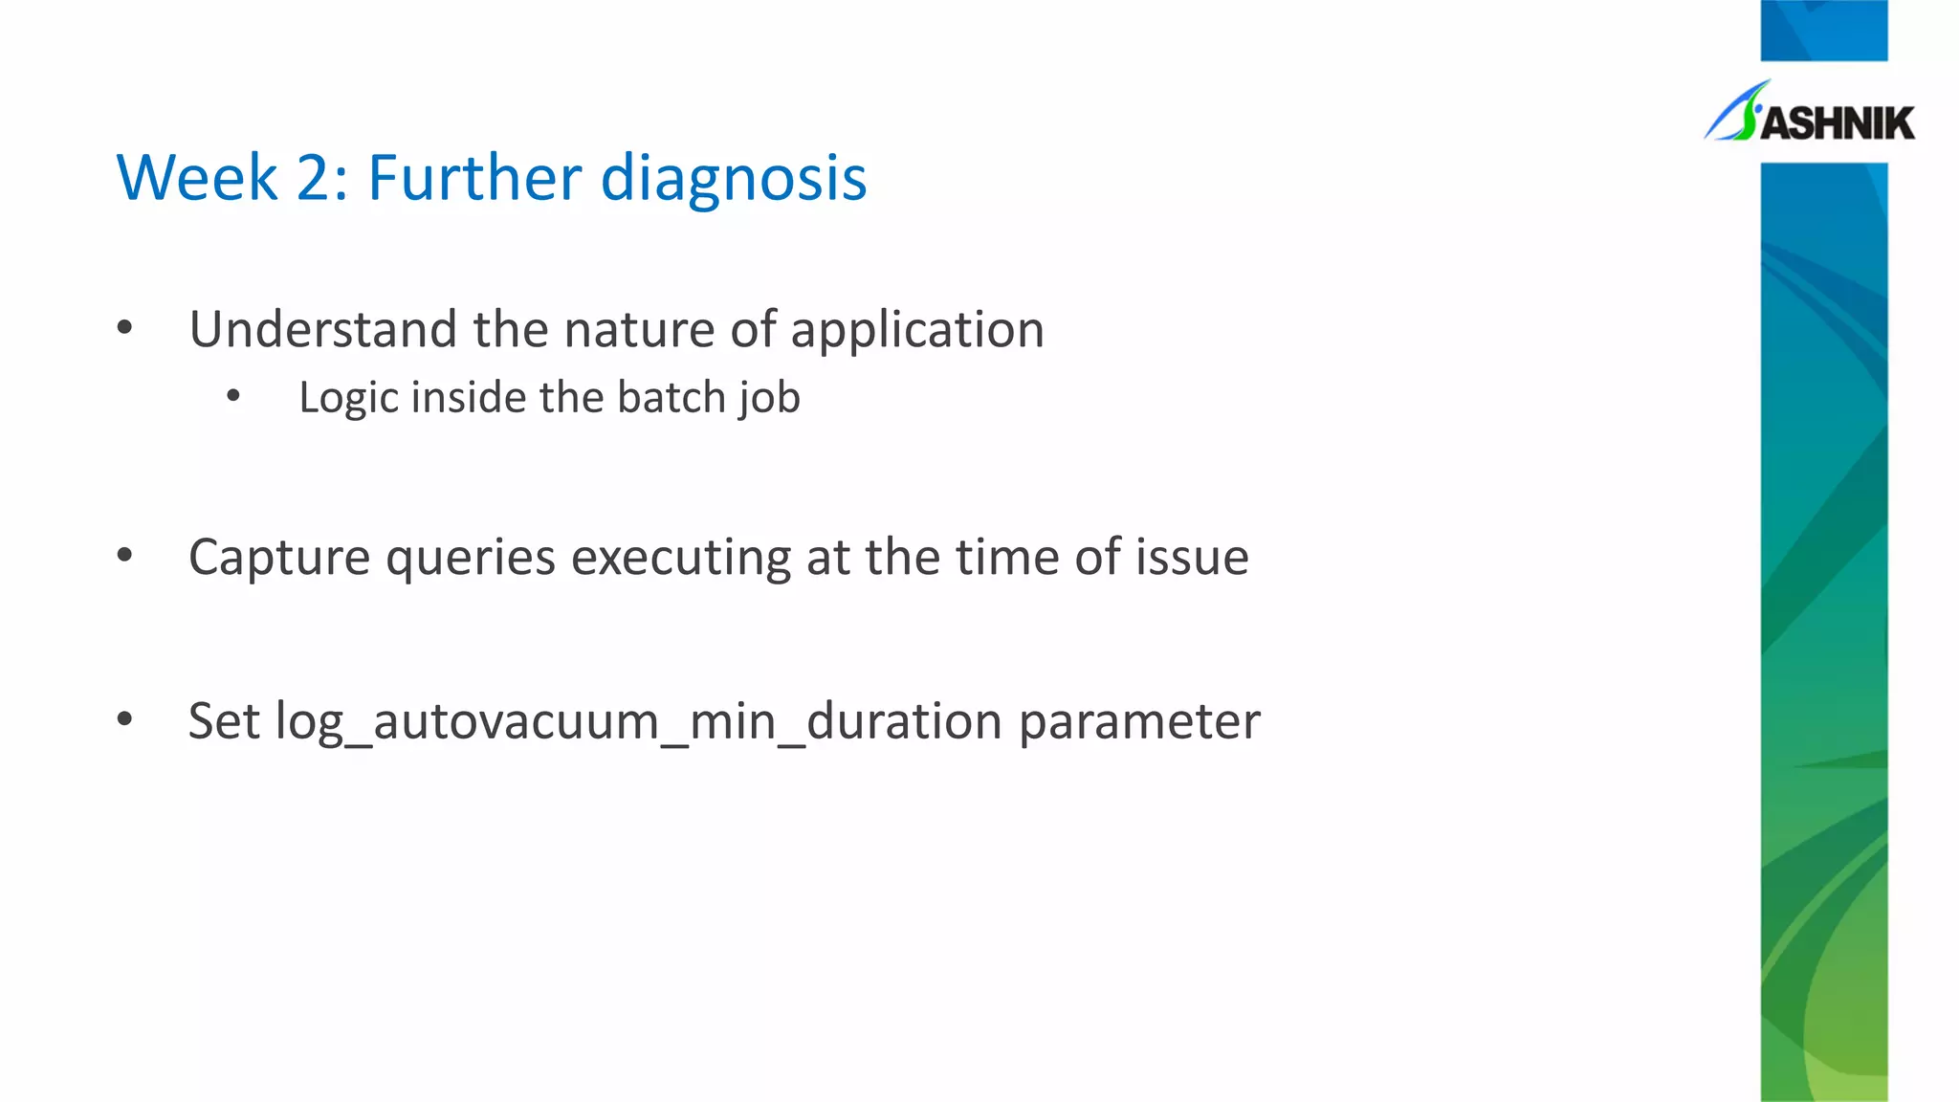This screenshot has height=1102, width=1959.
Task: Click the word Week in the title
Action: pos(197,178)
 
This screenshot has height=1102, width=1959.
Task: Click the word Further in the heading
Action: pos(474,178)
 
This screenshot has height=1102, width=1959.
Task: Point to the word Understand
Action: pos(323,329)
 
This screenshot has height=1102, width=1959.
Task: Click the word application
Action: pos(917,331)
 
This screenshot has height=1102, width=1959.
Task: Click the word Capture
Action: pos(279,558)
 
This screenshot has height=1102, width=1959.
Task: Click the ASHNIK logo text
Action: pos(1837,123)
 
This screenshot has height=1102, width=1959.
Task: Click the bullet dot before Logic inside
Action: pos(233,396)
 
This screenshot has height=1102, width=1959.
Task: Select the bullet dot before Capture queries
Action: pos(124,556)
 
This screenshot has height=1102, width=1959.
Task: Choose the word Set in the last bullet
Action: pos(224,720)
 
